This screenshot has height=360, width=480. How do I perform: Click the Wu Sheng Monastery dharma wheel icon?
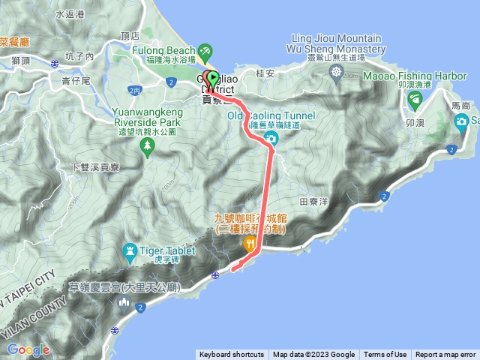tap(335, 71)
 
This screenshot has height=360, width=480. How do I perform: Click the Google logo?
tap(28, 349)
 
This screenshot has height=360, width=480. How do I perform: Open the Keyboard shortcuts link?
tap(232, 355)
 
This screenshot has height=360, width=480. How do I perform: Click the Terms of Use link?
tap(385, 355)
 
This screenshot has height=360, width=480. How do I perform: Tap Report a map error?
tap(445, 355)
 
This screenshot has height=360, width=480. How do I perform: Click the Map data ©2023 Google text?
tap(313, 355)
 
